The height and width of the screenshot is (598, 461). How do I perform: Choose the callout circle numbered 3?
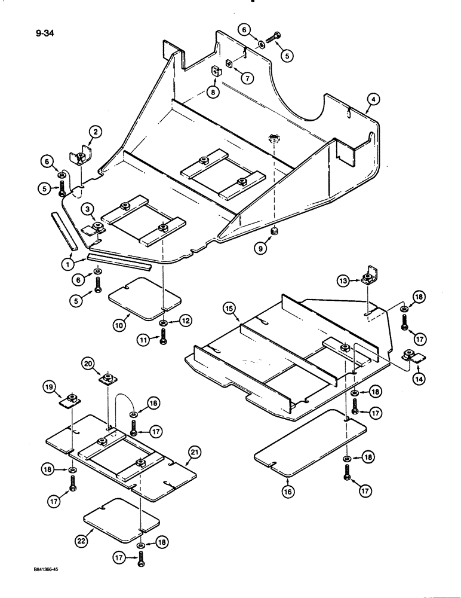88,209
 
